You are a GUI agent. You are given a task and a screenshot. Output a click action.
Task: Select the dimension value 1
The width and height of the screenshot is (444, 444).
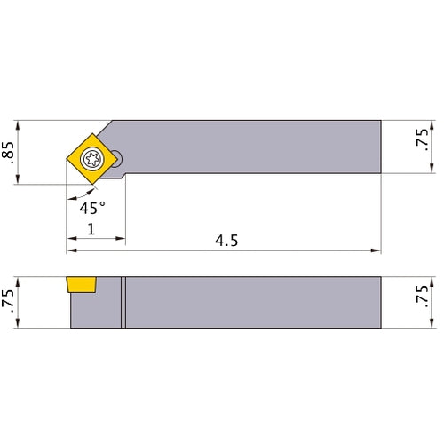92,230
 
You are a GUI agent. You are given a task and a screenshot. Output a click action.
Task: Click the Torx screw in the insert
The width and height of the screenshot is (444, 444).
91,159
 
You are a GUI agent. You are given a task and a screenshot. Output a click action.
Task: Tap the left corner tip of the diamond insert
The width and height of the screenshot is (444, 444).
65,159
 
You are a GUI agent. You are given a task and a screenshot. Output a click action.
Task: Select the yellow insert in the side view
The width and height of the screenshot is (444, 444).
82,284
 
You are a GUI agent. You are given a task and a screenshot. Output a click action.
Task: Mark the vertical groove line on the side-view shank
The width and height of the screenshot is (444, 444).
124,302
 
